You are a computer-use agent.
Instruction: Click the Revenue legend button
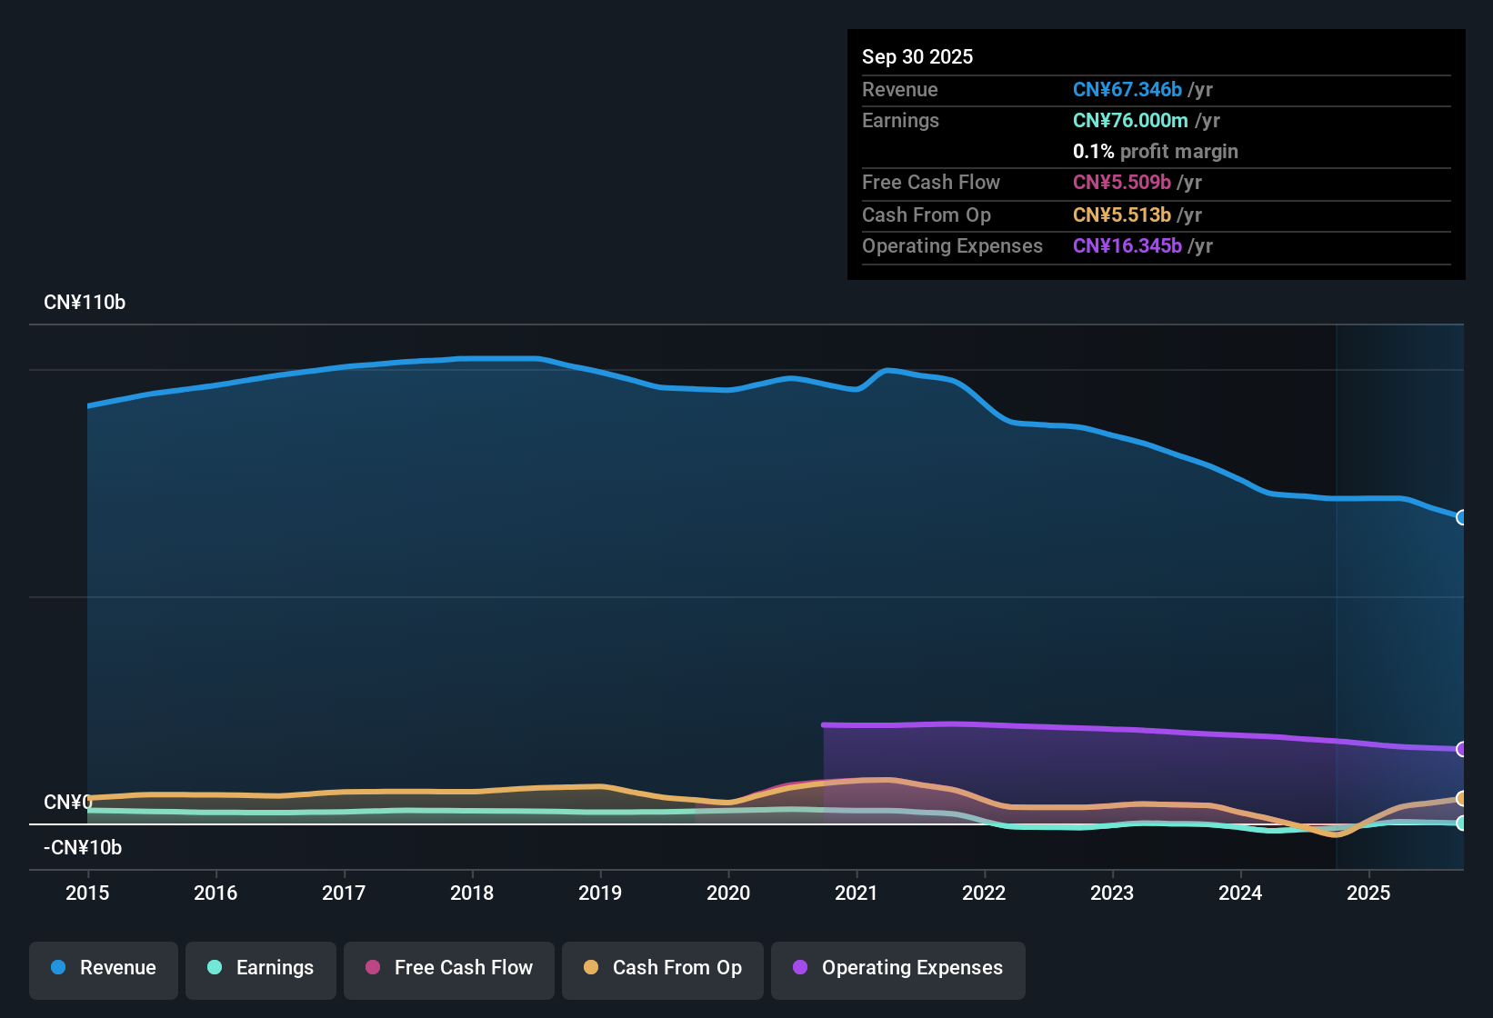[x=104, y=968]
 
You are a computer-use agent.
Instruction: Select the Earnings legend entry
[x=261, y=968]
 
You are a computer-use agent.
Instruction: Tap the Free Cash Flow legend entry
[x=449, y=968]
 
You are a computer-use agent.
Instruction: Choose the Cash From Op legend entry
[x=663, y=968]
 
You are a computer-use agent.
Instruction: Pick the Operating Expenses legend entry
[x=898, y=968]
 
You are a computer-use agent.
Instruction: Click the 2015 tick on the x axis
[x=87, y=893]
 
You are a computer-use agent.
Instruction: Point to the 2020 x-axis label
[x=728, y=893]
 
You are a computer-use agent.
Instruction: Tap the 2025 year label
[x=1368, y=893]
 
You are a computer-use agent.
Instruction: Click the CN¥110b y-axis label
[x=85, y=303]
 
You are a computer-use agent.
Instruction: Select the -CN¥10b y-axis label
[x=83, y=848]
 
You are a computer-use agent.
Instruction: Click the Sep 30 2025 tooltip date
[x=917, y=56]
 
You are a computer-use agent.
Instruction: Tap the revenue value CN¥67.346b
[x=1127, y=89]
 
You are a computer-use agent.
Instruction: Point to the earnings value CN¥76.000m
[x=1130, y=120]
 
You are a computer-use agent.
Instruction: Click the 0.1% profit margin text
[x=1155, y=151]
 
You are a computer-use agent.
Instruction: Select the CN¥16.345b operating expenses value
[x=1127, y=245]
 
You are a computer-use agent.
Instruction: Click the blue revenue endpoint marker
[x=1461, y=517]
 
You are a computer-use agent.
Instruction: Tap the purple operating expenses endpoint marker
[x=1461, y=749]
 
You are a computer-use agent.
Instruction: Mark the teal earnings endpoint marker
[x=1461, y=823]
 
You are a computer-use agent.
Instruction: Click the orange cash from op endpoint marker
[x=1461, y=799]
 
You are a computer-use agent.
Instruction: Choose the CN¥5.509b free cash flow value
[x=1121, y=182]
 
